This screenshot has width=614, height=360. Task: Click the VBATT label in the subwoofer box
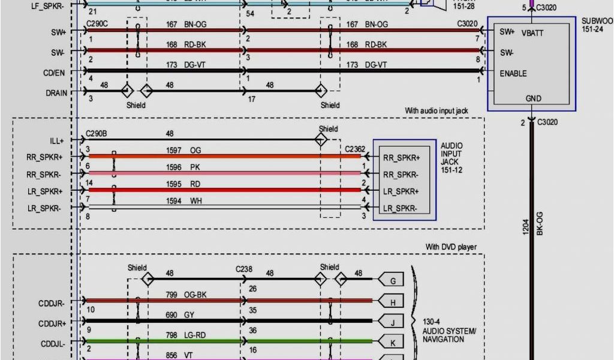(532, 33)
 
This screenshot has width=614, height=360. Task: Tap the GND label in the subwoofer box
(532, 98)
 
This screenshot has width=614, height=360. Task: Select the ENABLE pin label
(513, 73)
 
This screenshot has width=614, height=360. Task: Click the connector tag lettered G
(393, 280)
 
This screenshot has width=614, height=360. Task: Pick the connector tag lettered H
(393, 302)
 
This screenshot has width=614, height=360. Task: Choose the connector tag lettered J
(393, 322)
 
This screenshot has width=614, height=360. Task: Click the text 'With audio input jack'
(436, 111)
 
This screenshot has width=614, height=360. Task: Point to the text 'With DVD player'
(447, 247)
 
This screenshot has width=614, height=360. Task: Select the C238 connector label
(244, 269)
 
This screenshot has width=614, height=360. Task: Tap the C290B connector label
(97, 133)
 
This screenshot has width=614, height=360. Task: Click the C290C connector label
(97, 25)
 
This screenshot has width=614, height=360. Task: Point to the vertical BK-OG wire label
(539, 223)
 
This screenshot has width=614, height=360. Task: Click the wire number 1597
(173, 150)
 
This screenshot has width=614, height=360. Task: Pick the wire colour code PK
(195, 167)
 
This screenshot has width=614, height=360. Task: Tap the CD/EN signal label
(55, 73)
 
